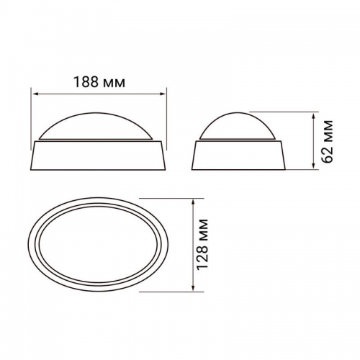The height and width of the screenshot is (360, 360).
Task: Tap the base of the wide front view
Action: coord(99,155)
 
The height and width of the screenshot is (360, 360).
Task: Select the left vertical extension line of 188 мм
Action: coord(32,115)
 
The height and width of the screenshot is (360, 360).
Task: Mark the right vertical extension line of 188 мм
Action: coord(166,115)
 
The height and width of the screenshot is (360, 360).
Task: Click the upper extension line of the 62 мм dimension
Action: coord(295,112)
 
